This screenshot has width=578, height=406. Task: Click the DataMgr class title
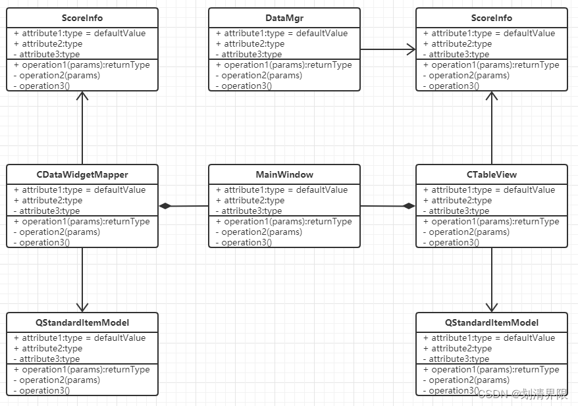[284, 18]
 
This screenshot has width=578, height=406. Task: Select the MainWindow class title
[284, 174]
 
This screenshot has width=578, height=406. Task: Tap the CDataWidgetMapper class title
[82, 174]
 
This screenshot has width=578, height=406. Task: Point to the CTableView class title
[492, 174]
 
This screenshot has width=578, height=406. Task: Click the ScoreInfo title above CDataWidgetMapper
[82, 18]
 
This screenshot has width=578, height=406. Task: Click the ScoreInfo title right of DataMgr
[492, 18]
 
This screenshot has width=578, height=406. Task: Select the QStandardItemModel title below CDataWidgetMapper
[82, 322]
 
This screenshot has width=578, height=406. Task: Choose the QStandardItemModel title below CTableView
[492, 322]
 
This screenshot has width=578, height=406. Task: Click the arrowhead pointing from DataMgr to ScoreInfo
[411, 49]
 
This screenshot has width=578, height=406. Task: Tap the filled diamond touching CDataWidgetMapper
[165, 206]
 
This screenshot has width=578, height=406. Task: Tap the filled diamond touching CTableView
[409, 206]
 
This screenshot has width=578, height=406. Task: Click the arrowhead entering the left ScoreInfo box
[82, 96]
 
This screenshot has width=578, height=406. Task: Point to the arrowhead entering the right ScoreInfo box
[492, 96]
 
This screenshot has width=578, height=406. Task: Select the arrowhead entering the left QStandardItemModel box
[82, 307]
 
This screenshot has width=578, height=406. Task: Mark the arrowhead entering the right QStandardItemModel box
[492, 307]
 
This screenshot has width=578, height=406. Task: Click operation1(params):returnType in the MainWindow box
[284, 222]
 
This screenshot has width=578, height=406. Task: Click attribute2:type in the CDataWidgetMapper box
[48, 201]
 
